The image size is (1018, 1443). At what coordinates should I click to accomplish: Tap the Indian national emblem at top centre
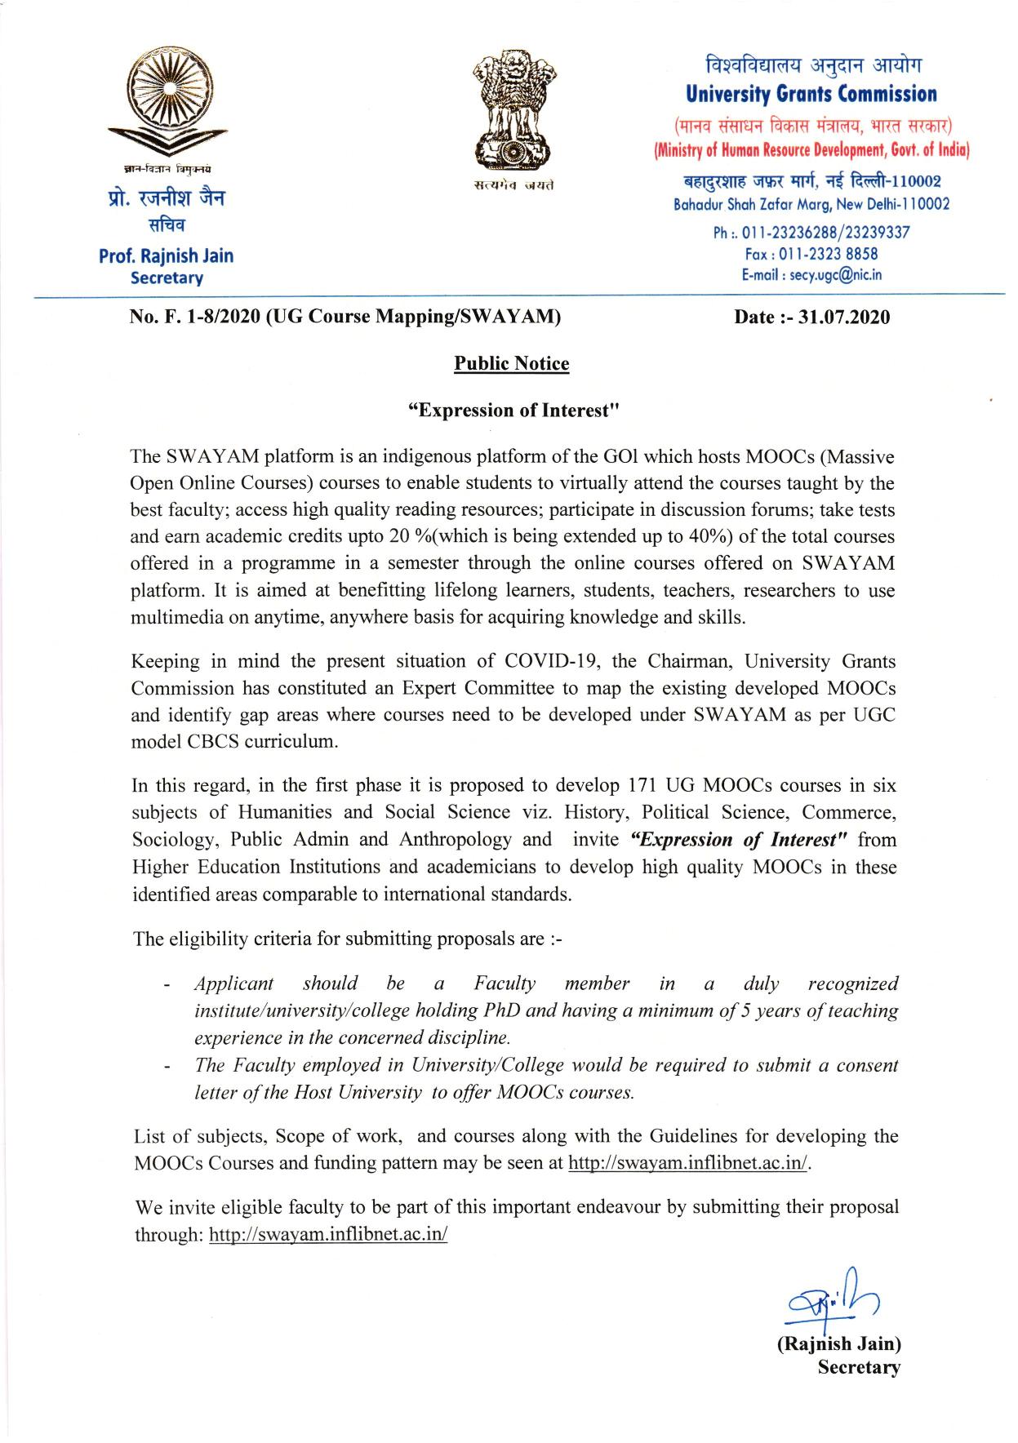coord(512,109)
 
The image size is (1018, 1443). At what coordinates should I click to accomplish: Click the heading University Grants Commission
coord(811,95)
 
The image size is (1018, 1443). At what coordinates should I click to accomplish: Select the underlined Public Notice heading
coord(511,363)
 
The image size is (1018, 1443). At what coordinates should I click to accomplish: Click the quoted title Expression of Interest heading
coord(510,410)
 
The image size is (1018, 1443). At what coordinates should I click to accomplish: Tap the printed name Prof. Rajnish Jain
coord(166,255)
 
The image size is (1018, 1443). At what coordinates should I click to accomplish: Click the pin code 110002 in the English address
coord(922,204)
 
